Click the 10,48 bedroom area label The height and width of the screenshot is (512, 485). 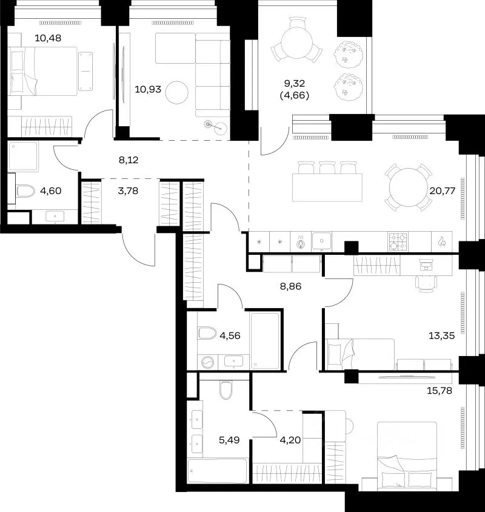point(48,38)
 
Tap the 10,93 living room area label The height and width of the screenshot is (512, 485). point(148,89)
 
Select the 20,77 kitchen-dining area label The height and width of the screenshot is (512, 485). point(442,190)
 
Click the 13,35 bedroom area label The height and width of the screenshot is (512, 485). point(441,335)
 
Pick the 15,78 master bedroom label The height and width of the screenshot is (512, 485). point(440,391)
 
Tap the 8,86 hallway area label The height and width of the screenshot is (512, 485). point(290,286)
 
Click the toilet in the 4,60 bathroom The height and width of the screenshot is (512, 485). point(25,191)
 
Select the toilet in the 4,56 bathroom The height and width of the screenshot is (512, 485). point(207,333)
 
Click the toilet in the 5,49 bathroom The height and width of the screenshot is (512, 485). point(226,390)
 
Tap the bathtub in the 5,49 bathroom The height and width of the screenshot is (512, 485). point(218,471)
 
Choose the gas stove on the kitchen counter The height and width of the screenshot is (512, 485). point(398,241)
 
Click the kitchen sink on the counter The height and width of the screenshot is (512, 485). point(321,241)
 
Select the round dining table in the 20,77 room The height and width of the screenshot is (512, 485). point(408,187)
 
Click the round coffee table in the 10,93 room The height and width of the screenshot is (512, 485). point(177,92)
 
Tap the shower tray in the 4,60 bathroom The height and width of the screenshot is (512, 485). point(23,156)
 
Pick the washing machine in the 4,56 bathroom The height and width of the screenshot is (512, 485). point(207,362)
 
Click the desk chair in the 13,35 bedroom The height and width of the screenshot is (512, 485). point(426,283)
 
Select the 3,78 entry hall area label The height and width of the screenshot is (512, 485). point(128,190)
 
